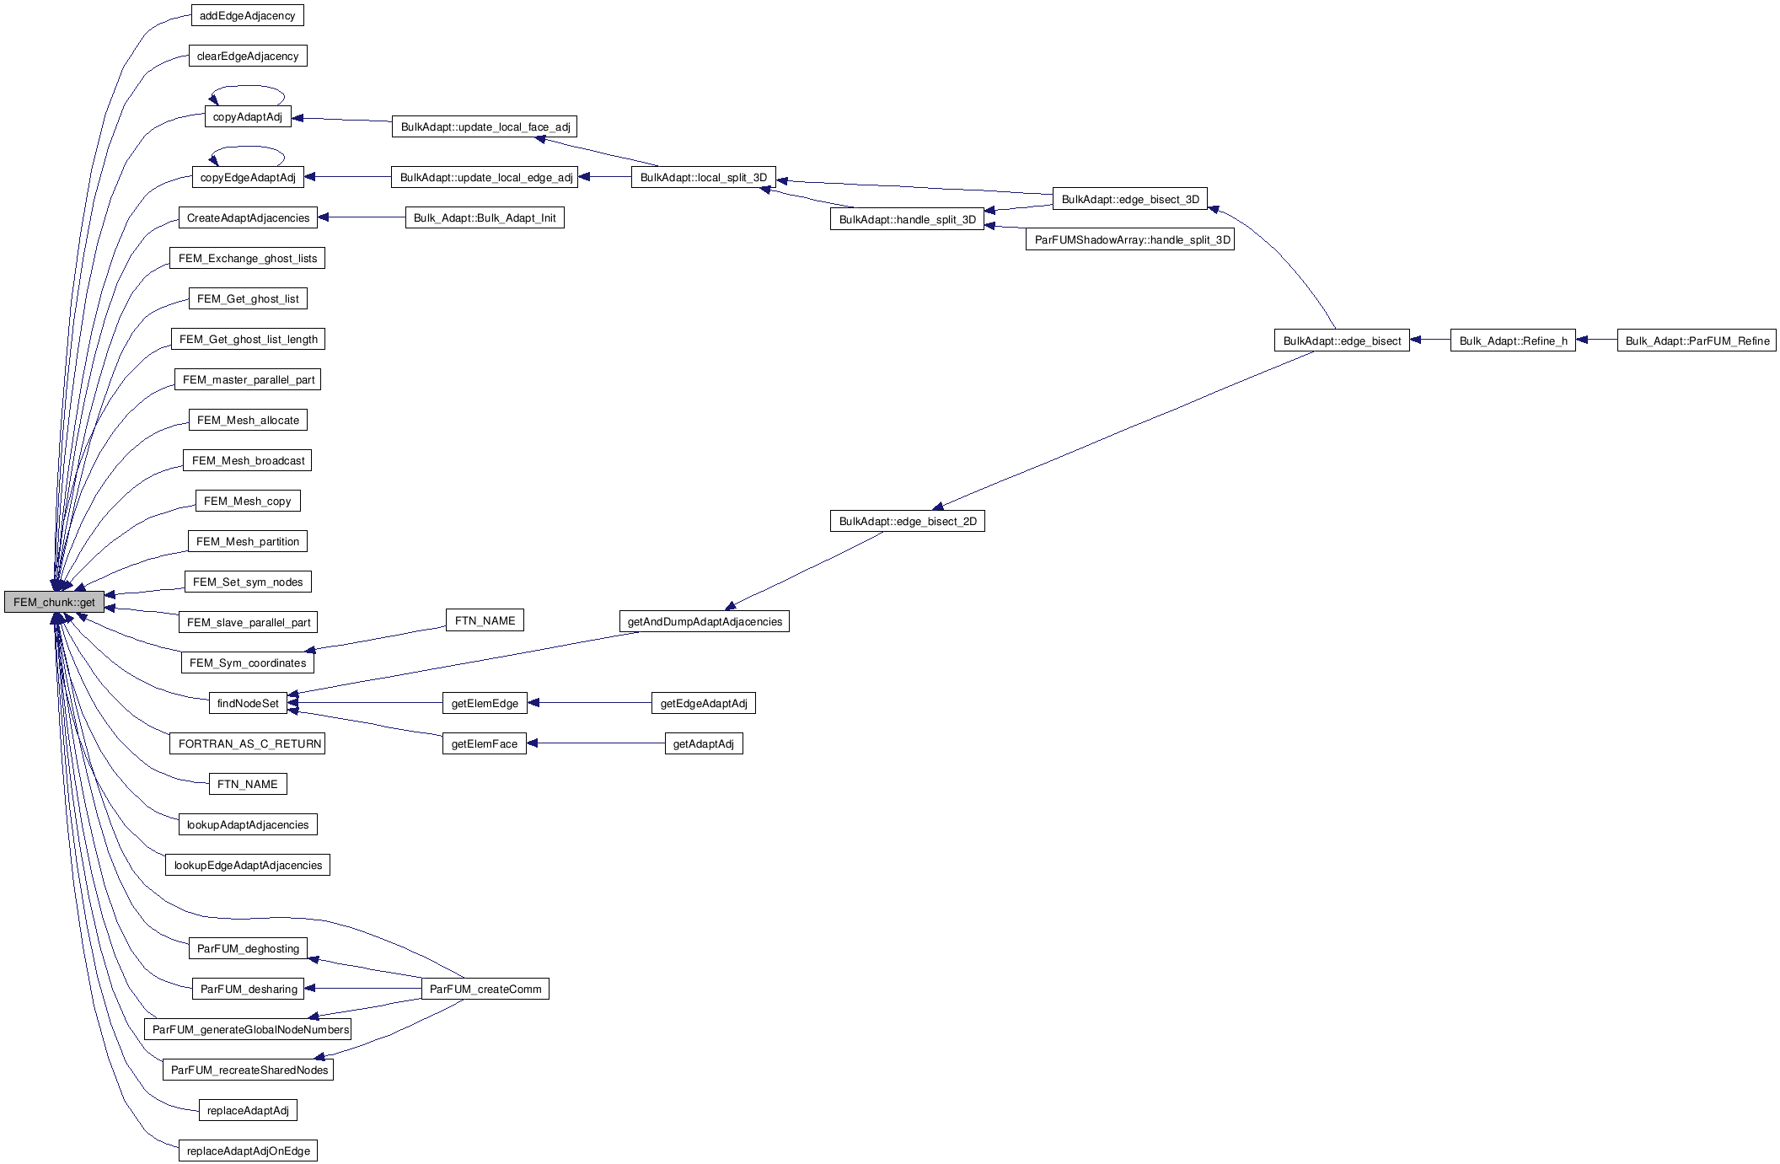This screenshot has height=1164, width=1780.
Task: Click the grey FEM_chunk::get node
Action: point(54,602)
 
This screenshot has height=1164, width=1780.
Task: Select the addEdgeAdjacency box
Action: point(247,15)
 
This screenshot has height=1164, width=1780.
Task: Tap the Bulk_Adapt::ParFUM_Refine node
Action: point(1696,341)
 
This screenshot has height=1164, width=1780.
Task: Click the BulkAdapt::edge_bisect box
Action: point(1341,341)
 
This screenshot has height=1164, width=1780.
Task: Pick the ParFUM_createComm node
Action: point(485,989)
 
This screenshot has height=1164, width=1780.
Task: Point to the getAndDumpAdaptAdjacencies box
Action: point(704,621)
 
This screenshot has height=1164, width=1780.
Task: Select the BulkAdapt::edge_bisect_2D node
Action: point(907,521)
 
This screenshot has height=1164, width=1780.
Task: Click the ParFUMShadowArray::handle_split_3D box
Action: point(1130,239)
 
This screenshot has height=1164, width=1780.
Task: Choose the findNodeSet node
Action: point(247,703)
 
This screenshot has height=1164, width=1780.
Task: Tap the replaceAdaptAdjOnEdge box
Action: point(248,1151)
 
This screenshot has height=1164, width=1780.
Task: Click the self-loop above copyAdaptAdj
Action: point(248,87)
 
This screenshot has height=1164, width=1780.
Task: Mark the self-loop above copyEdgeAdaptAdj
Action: point(248,148)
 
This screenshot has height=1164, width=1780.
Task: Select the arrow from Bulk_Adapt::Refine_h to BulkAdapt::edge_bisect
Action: point(1429,340)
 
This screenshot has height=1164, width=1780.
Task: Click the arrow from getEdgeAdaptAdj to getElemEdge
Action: point(589,702)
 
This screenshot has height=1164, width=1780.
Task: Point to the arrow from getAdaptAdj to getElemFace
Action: point(595,743)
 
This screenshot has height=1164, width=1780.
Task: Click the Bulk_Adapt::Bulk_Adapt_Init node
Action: point(484,217)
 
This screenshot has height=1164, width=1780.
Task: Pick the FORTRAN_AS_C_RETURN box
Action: point(247,743)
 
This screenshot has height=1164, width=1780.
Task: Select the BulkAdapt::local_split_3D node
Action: point(703,177)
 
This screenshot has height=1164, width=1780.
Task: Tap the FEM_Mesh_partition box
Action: point(247,541)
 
